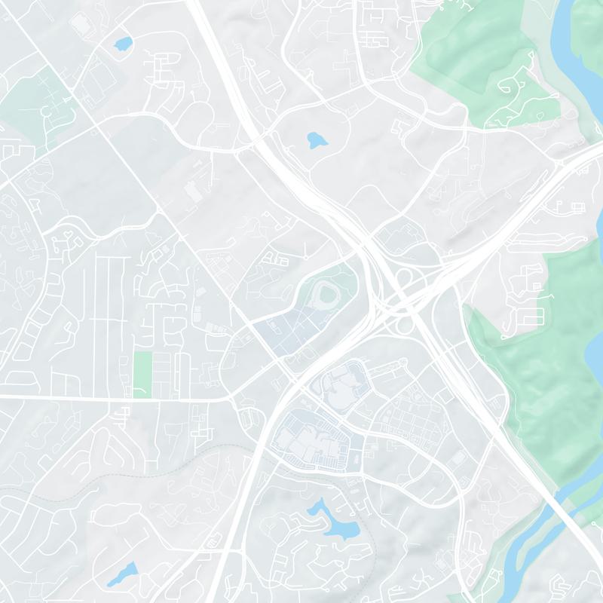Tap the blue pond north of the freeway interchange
pos(317,139)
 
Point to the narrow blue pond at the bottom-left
pos(123,574)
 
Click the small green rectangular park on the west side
pos(142,374)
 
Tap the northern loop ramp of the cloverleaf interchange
pos(404,280)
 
